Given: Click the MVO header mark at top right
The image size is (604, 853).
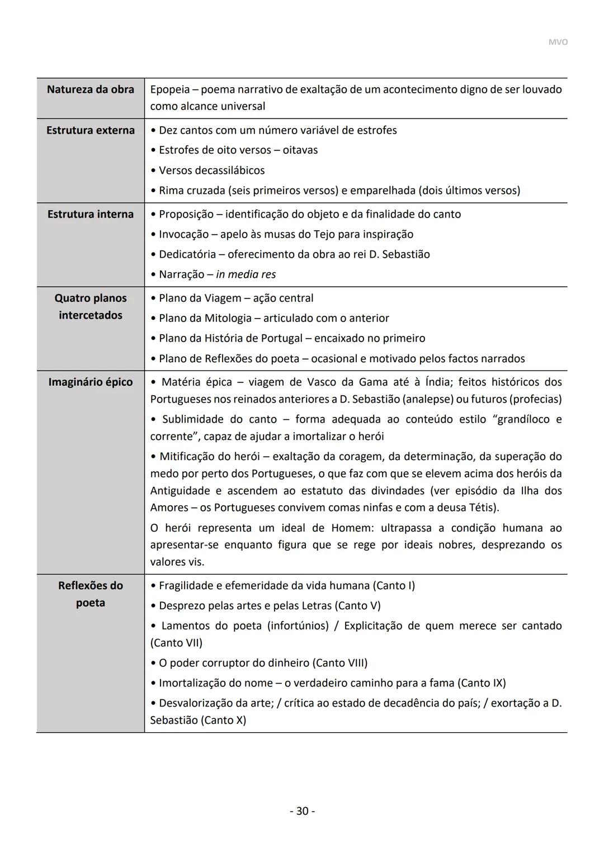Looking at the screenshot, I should click(557, 42).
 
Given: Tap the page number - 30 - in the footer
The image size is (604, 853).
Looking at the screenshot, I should click(302, 811).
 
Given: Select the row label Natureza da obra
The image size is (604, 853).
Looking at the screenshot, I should click(91, 89).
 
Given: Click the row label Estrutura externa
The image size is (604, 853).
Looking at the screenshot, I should click(91, 130).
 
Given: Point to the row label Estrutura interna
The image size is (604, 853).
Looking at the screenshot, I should click(91, 214).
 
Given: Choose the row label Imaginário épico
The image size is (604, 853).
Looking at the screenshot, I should click(91, 382).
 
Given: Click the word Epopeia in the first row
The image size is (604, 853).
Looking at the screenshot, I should click(170, 89).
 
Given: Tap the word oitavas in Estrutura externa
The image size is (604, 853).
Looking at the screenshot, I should click(300, 150).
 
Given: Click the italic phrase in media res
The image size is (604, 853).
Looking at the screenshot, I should click(246, 274).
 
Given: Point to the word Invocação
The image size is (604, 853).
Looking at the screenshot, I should click(183, 234).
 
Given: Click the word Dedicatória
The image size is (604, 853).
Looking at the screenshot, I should click(187, 254).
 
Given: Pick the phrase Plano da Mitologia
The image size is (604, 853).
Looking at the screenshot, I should click(205, 318).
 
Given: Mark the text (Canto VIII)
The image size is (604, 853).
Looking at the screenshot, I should click(340, 663).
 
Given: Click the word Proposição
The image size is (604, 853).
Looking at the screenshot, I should click(186, 214).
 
